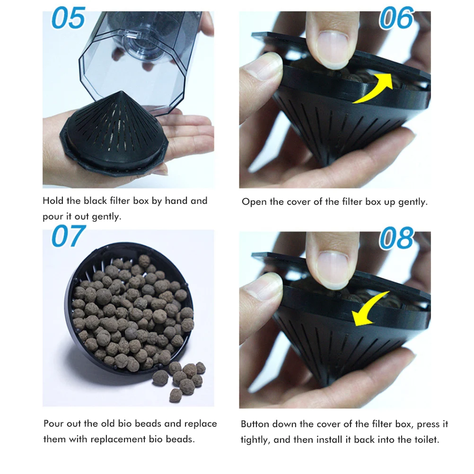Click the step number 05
[68, 19]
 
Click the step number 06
[396, 19]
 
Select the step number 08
[396, 238]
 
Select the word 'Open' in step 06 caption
[255, 202]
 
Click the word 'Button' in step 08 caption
[257, 424]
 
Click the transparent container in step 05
[142, 57]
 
